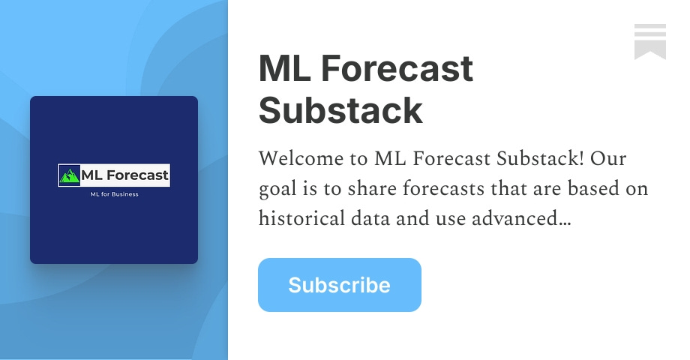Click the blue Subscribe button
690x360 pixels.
click(x=339, y=285)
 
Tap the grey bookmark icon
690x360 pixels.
click(x=649, y=41)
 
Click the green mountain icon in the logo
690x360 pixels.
click(x=70, y=175)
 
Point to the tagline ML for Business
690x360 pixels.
click(x=114, y=194)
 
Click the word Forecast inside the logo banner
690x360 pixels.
click(x=137, y=175)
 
